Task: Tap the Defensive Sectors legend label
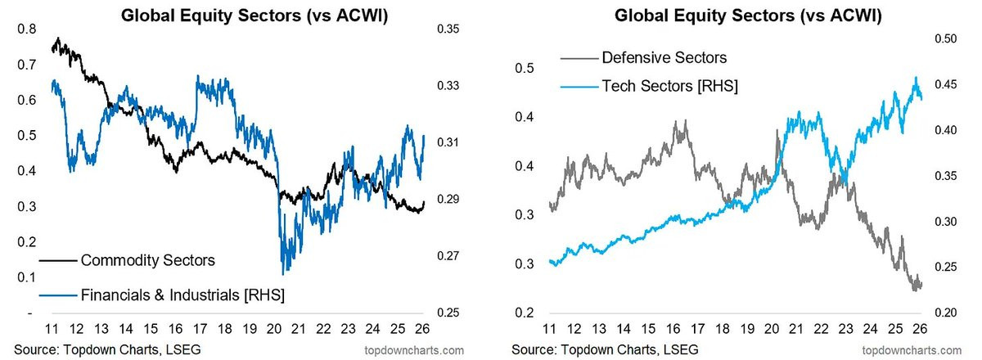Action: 664,57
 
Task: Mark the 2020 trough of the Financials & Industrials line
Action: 283,273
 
